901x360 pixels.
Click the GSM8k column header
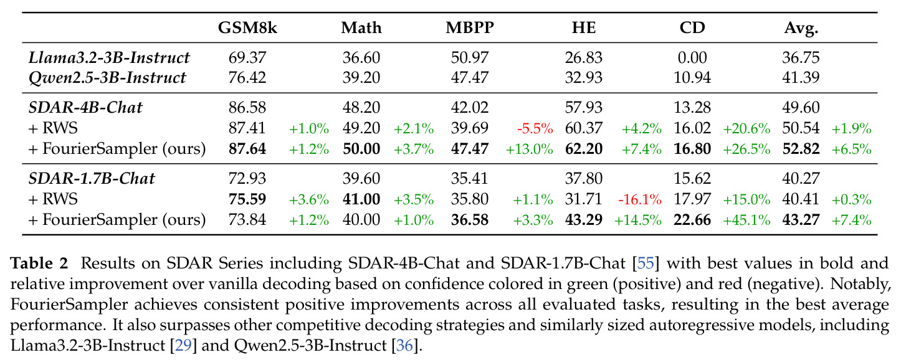tap(247, 28)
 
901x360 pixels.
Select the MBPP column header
tap(469, 28)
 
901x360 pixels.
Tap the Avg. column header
tap(801, 28)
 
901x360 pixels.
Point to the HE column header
tap(584, 28)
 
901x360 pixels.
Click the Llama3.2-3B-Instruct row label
tap(109, 57)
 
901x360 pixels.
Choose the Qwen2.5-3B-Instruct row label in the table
tap(107, 78)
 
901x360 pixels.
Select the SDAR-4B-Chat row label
tap(85, 107)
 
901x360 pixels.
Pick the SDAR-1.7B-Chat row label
tap(92, 178)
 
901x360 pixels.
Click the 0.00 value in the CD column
tap(692, 57)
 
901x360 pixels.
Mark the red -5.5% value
tap(535, 129)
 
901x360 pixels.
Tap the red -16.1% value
tap(639, 199)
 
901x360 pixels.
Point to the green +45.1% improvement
tap(746, 220)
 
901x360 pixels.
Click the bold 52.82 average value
tap(801, 149)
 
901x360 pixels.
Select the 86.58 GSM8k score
tap(247, 107)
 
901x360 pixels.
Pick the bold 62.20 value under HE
tap(584, 149)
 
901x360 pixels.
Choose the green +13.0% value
tap(530, 149)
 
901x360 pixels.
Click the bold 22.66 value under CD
tap(692, 220)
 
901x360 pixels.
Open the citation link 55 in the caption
tap(646, 263)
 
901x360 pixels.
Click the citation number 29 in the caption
tap(183, 346)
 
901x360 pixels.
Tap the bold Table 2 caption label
tap(39, 263)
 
